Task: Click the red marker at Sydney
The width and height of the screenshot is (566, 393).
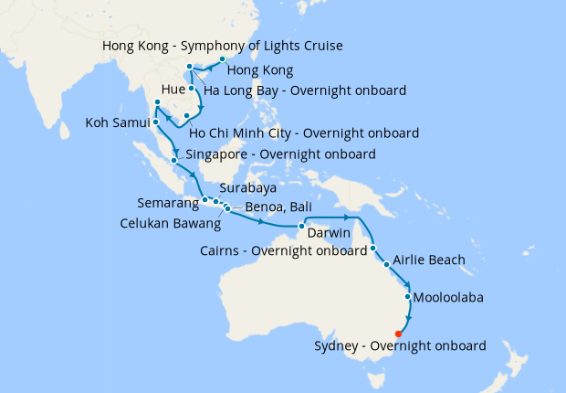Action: point(398,334)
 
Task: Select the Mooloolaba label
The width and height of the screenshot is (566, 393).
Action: point(448,298)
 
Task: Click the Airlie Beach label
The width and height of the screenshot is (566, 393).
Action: point(429,260)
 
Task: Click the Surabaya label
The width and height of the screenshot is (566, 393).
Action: point(247,188)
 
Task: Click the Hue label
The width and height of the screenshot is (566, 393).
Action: point(173,90)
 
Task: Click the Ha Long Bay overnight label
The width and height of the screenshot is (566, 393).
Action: point(305,90)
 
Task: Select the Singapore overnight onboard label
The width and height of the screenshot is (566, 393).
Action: point(280,155)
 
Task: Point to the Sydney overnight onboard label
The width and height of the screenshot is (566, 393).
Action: point(399,346)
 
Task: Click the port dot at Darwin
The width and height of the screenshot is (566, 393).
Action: point(300,226)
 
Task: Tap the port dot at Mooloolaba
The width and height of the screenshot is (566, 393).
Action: point(407,297)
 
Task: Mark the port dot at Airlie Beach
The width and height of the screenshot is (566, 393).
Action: point(387,265)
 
